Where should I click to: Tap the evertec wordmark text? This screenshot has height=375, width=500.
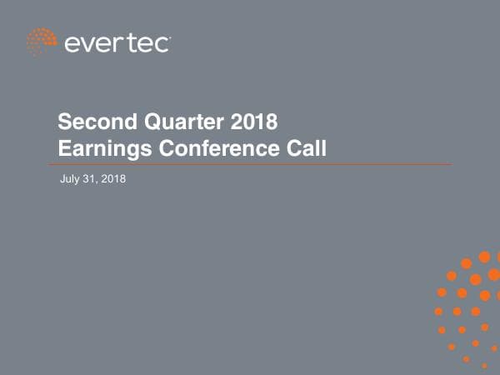(x=116, y=42)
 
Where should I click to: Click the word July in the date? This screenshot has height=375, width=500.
(x=71, y=179)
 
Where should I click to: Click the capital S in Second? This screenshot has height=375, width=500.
(x=63, y=123)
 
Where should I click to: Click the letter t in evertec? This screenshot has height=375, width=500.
(x=132, y=42)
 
